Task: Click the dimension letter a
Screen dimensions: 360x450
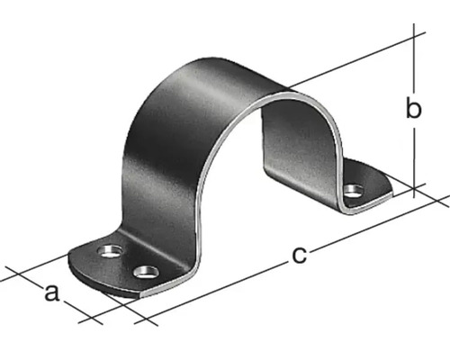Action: click(52, 292)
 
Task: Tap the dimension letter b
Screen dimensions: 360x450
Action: click(413, 110)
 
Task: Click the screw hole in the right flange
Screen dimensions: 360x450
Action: click(354, 190)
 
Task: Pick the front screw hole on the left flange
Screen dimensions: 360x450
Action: click(144, 270)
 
